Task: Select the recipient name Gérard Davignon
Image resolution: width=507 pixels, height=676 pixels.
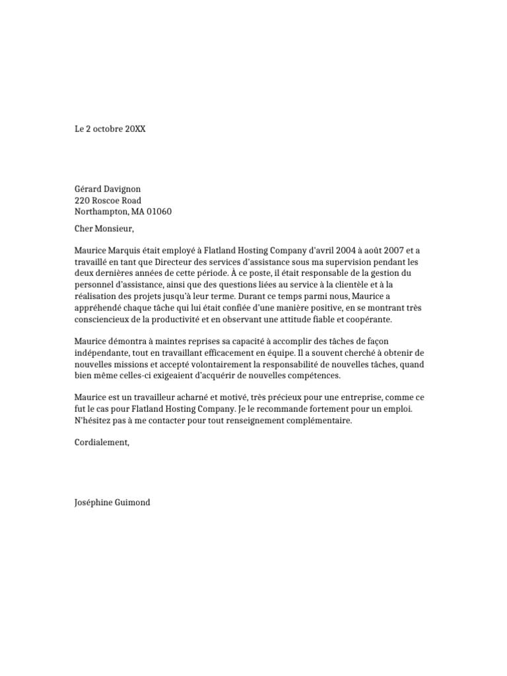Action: coord(108,189)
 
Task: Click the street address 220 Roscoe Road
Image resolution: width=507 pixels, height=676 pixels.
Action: coord(108,201)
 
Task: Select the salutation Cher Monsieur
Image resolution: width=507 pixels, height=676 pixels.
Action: coord(104,229)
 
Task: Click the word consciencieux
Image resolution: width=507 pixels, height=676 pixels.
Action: coord(106,320)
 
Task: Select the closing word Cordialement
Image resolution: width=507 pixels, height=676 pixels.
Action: coord(102,443)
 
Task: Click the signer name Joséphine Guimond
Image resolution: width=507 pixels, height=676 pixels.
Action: coord(112,502)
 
